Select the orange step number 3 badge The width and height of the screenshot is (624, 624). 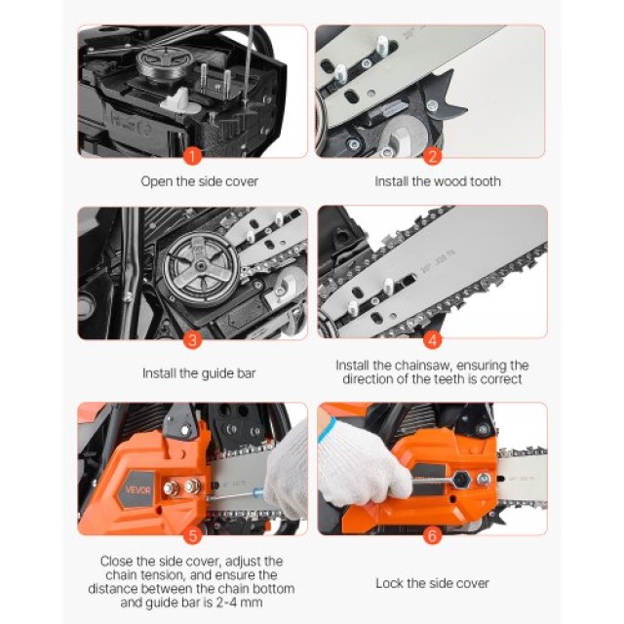[x=192, y=339]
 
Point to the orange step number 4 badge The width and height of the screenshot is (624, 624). [x=432, y=339]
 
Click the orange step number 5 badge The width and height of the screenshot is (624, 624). [x=192, y=534]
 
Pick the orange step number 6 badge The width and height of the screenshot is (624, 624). [x=432, y=534]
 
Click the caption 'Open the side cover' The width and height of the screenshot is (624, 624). [x=199, y=181]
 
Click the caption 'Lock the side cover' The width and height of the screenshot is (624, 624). [x=432, y=583]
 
